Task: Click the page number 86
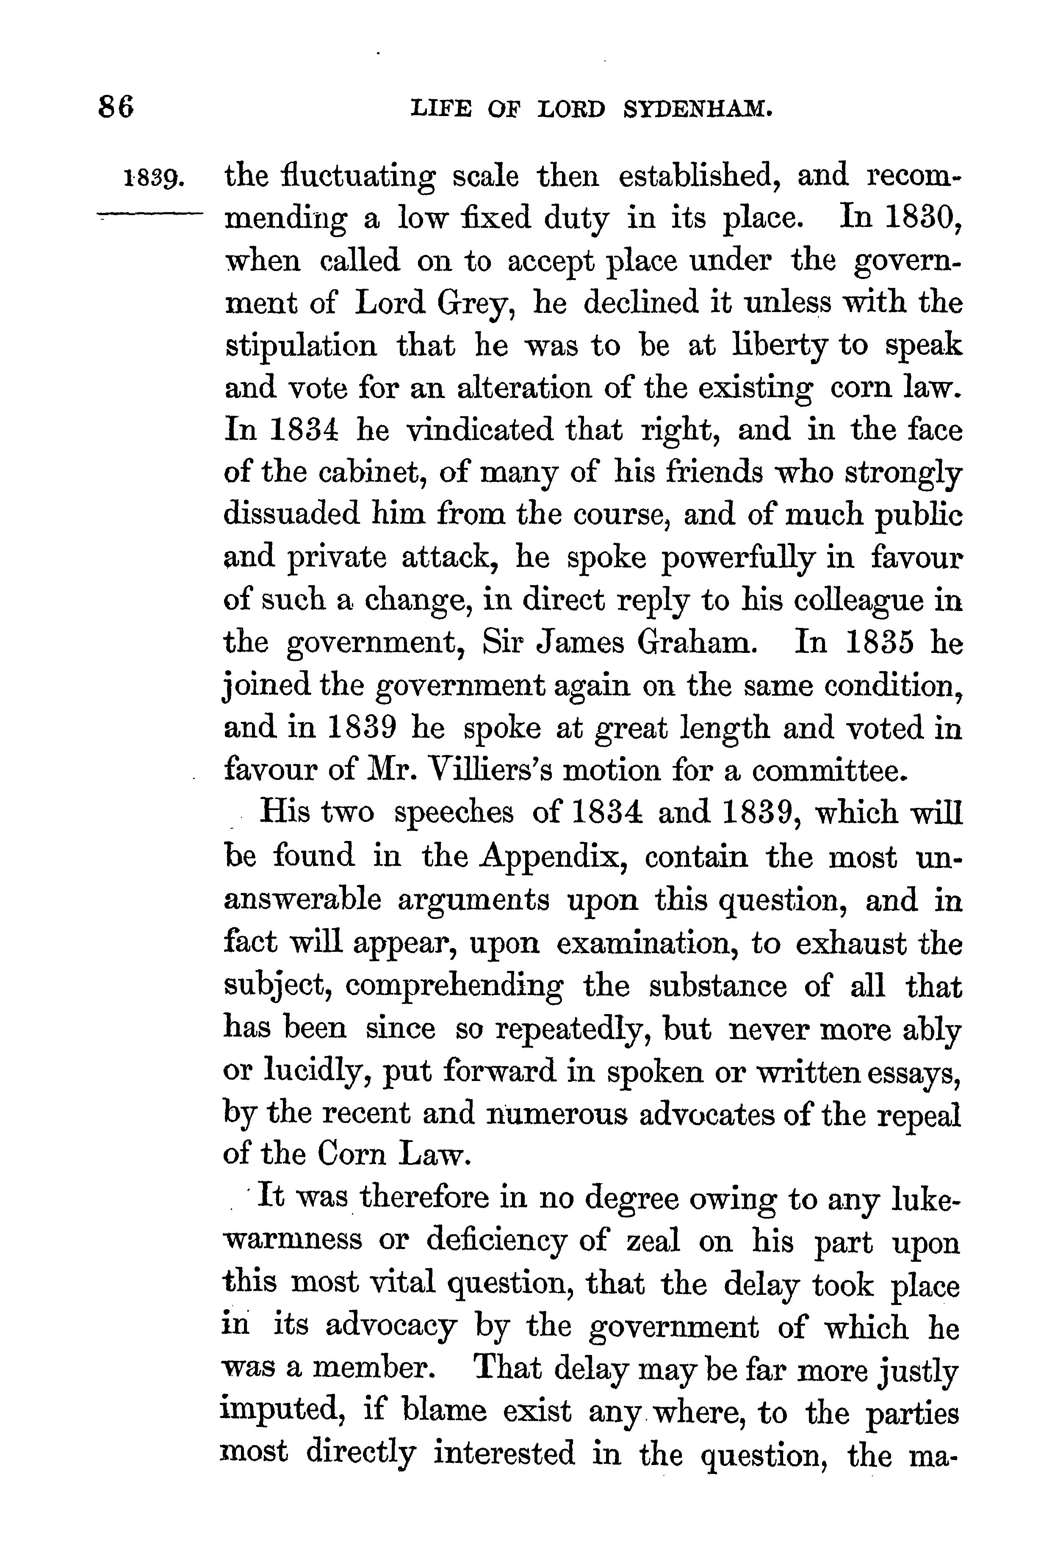click(x=117, y=107)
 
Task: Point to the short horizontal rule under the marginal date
click(x=149, y=215)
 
